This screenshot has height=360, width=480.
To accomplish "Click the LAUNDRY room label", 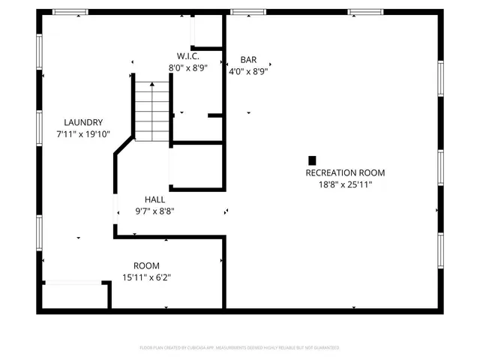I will [x=83, y=122].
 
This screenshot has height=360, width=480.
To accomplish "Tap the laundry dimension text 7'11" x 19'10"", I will [x=83, y=134].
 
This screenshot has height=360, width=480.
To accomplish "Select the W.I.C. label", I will [x=187, y=55].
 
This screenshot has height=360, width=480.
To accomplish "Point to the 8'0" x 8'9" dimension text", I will [x=187, y=67].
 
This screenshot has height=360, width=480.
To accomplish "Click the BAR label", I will [x=249, y=59].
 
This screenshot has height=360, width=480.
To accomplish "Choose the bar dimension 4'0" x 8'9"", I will [x=249, y=71].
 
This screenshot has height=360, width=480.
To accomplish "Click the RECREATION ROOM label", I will [x=345, y=172].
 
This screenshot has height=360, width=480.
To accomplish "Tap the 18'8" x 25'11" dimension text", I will [x=345, y=184].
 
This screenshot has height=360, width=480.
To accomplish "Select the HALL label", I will [x=155, y=199].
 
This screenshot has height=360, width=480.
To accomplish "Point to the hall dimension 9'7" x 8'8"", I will [x=155, y=211].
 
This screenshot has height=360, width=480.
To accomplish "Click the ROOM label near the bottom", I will [x=146, y=265].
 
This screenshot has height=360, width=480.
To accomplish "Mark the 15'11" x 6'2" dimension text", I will [x=146, y=277].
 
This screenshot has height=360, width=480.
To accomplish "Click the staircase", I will [x=152, y=106].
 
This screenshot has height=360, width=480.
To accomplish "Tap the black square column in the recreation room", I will [x=312, y=160].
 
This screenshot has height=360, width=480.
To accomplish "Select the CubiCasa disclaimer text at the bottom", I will [x=240, y=348].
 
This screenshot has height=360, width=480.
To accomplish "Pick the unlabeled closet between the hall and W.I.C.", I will [x=196, y=165].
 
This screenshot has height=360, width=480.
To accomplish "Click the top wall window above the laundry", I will [x=70, y=12].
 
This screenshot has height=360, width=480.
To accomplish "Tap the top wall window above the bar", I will [x=242, y=12].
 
